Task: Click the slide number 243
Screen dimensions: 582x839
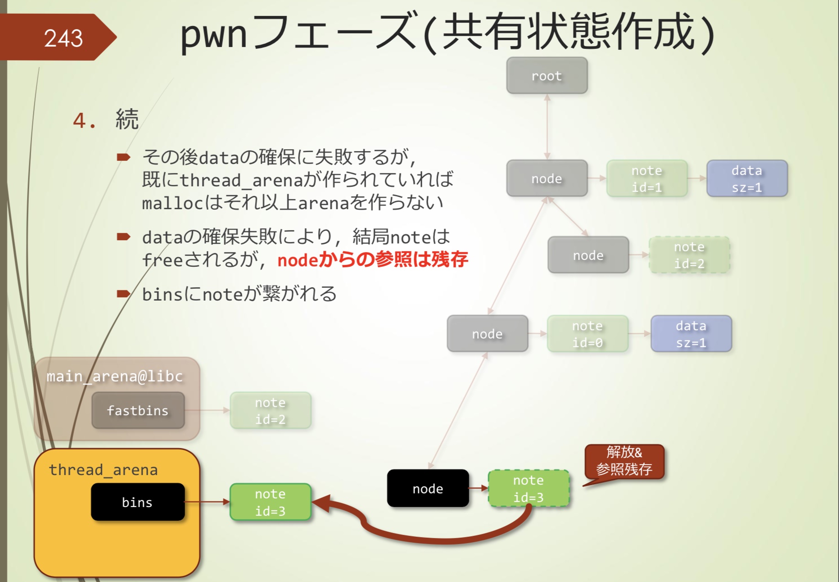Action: tap(63, 38)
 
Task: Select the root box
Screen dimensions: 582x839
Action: tap(547, 76)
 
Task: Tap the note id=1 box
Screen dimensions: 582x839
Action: tap(647, 179)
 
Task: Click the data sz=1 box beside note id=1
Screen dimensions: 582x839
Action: tap(747, 179)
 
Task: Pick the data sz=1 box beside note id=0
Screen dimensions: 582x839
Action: tap(691, 334)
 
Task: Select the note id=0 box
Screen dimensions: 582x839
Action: tap(587, 334)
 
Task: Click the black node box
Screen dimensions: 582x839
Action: tap(428, 488)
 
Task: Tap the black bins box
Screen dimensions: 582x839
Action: tap(138, 502)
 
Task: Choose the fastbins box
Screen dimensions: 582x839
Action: tap(138, 410)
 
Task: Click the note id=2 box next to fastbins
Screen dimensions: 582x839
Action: tap(270, 410)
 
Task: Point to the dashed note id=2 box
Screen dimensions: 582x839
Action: tap(689, 255)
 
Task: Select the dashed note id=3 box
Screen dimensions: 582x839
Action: tap(528, 488)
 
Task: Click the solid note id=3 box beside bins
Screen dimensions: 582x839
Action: tap(270, 502)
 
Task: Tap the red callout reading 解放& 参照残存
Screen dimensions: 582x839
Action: tap(624, 460)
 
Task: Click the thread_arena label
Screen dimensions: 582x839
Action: tap(103, 470)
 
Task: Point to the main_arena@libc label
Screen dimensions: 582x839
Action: tap(114, 376)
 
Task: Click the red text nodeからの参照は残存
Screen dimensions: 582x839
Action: tap(372, 260)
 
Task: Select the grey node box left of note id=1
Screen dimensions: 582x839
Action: tap(547, 179)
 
